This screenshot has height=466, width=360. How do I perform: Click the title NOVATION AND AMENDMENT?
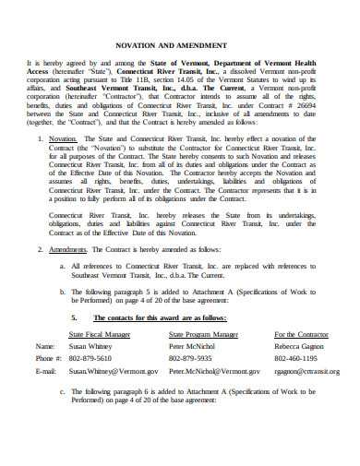pyautogui.click(x=179, y=43)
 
